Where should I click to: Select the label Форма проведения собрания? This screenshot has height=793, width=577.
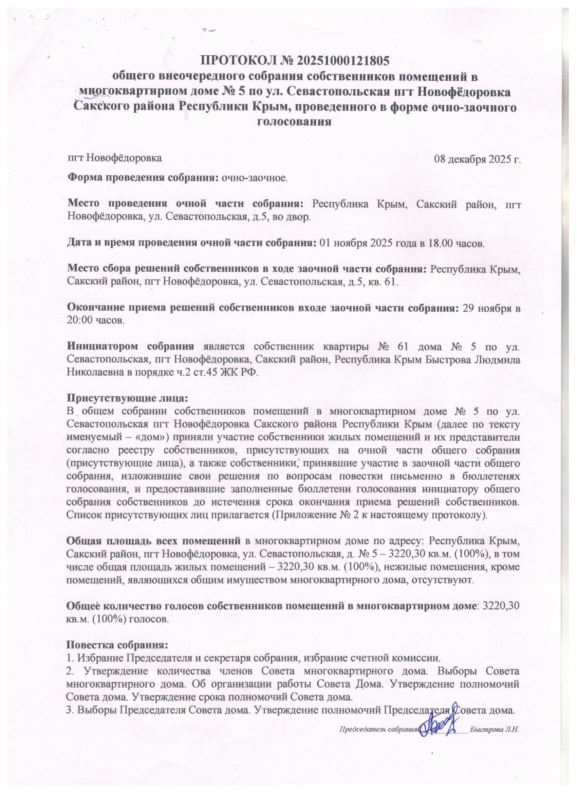pos(143,178)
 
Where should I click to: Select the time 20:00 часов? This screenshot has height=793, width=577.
pos(95,321)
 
